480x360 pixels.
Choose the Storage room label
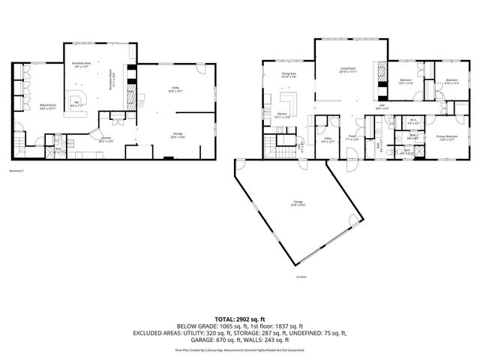click(x=177, y=136)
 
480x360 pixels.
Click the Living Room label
click(x=347, y=69)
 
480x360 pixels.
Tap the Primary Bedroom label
click(x=447, y=136)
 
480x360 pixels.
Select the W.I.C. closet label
click(x=412, y=121)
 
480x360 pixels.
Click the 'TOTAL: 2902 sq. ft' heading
click(x=240, y=319)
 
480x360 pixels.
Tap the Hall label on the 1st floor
click(x=381, y=107)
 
